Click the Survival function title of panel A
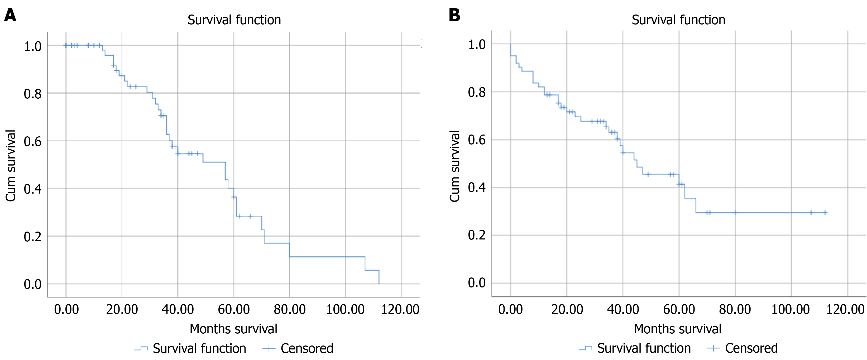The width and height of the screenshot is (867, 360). (x=234, y=20)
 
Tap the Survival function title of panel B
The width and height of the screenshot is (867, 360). (x=678, y=20)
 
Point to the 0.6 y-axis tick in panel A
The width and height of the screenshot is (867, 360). (x=33, y=142)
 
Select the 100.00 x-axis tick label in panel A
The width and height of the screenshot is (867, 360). (x=345, y=309)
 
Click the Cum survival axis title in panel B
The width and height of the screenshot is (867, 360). (x=455, y=166)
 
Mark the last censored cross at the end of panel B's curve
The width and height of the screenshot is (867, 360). (x=825, y=213)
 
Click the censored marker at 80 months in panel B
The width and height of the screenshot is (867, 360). (x=735, y=213)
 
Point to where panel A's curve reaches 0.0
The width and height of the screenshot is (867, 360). (x=379, y=284)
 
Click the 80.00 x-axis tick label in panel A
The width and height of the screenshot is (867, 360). (x=289, y=309)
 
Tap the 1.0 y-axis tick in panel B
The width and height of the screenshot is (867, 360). (x=477, y=44)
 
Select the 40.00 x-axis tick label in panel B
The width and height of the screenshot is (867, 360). (x=623, y=309)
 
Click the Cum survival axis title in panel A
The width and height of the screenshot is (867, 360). (x=11, y=166)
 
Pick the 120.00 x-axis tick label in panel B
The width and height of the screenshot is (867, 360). (x=845, y=309)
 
